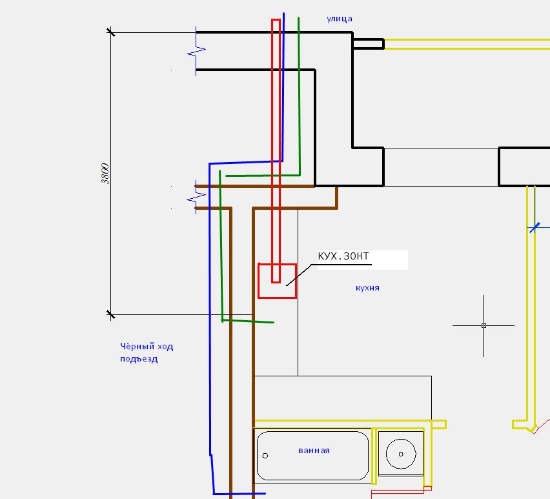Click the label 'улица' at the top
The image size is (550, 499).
click(339, 19)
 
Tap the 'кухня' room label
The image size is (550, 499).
click(367, 288)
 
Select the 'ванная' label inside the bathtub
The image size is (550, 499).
click(314, 451)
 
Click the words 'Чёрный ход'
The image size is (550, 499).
click(147, 347)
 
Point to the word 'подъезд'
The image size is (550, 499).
click(139, 359)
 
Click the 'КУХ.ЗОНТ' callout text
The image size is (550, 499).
click(343, 256)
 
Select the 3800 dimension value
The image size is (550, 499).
click(105, 173)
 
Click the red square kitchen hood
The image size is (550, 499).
click(278, 281)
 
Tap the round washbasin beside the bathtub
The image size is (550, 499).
click(401, 454)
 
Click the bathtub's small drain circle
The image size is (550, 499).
click(265, 456)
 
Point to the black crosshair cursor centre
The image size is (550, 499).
click(484, 325)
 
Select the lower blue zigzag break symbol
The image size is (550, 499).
click(196, 198)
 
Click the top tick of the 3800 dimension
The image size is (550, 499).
click(110, 32)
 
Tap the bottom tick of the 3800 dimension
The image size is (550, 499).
click(110, 314)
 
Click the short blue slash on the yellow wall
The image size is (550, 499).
click(535, 228)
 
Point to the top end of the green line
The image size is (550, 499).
click(298, 17)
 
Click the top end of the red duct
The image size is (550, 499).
click(276, 19)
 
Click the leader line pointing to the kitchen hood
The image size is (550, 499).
click(299, 274)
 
